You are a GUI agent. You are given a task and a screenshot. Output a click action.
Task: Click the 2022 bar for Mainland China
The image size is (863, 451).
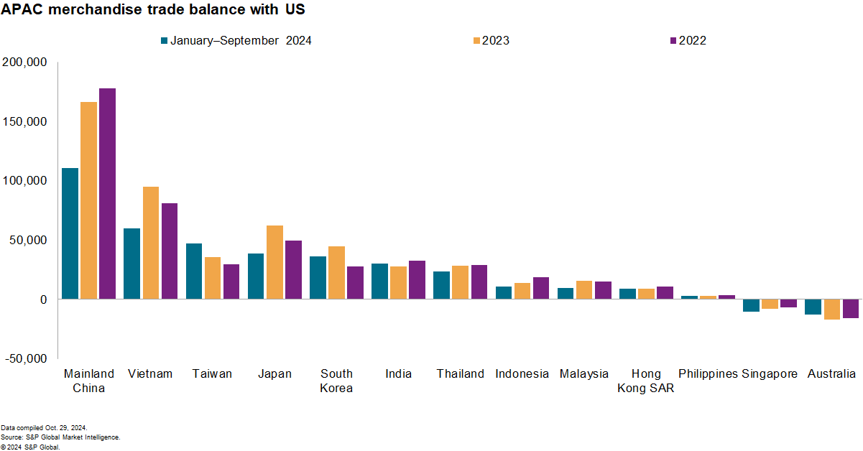pos(107,193)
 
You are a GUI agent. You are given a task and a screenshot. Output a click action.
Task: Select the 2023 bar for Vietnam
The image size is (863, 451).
pos(151,243)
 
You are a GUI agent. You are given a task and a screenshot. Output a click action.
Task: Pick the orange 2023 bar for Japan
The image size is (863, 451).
pos(274,262)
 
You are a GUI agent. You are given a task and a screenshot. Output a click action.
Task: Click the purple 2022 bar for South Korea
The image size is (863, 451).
pos(355,282)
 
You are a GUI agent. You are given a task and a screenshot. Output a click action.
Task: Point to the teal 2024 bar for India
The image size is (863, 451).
pos(379,281)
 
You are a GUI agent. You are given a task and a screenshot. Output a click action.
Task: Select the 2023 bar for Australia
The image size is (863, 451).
pos(832,309)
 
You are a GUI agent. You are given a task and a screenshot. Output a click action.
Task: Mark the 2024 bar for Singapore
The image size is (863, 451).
pos(751,305)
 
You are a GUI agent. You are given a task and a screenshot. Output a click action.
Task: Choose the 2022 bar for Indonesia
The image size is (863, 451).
pos(540,288)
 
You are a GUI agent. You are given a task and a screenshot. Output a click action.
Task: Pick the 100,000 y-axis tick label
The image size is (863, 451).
pos(25,180)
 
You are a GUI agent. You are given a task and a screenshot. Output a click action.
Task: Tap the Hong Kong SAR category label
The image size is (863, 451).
pos(646,381)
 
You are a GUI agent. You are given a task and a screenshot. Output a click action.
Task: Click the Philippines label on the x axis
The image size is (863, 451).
pos(708,373)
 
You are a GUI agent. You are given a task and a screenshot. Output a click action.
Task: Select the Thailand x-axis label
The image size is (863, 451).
pos(460,373)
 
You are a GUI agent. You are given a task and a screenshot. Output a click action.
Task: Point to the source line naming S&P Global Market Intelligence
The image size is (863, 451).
pos(60,437)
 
